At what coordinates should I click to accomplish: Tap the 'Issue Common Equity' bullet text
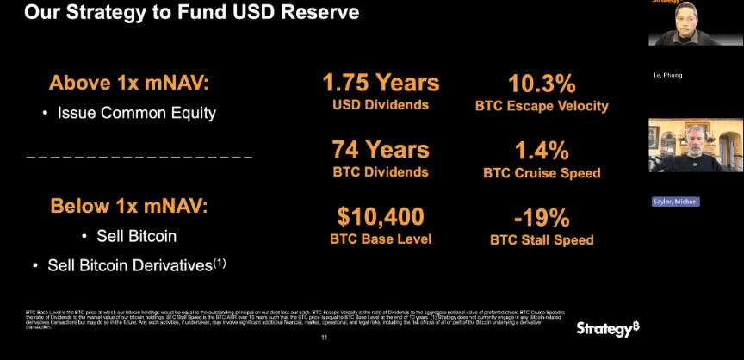pyautogui.click(x=136, y=112)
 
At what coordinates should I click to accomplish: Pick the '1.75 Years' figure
pyautogui.click(x=381, y=83)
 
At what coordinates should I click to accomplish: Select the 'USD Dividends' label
pyautogui.click(x=380, y=105)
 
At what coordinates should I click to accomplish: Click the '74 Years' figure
pyautogui.click(x=381, y=149)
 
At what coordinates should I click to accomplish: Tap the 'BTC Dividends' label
pyautogui.click(x=380, y=171)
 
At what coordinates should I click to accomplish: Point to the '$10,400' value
pyautogui.click(x=381, y=216)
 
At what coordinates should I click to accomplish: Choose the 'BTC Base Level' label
pyautogui.click(x=380, y=239)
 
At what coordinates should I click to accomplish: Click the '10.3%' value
pyautogui.click(x=542, y=84)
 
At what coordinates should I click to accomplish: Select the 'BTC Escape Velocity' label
pyautogui.click(x=542, y=106)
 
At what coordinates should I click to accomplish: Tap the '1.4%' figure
pyautogui.click(x=542, y=150)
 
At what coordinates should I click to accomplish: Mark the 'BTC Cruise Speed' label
pyautogui.click(x=542, y=172)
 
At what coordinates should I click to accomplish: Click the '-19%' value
pyautogui.click(x=542, y=216)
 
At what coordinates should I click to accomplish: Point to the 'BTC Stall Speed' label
pyautogui.click(x=542, y=239)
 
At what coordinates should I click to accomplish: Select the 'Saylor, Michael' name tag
pyautogui.click(x=675, y=202)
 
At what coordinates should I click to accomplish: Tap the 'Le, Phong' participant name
pyautogui.click(x=667, y=75)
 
